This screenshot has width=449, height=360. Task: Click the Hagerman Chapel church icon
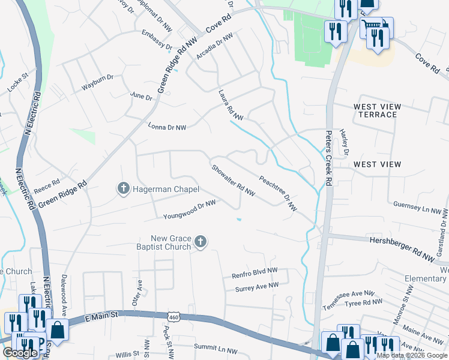click(123, 189)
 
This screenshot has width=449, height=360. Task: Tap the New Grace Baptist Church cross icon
click(200, 242)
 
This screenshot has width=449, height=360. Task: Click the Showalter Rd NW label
click(234, 181)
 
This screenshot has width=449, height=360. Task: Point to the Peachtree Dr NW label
click(278, 193)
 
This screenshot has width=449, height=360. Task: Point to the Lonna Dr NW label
click(167, 127)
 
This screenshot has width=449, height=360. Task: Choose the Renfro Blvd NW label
click(255, 274)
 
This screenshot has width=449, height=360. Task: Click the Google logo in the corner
click(20, 353)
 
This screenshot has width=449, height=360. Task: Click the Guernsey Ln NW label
click(421, 208)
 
